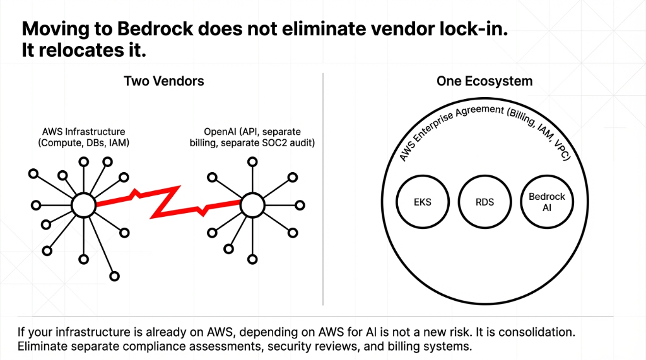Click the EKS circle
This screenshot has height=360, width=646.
pyautogui.click(x=423, y=202)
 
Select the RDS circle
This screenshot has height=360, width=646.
pyautogui.click(x=484, y=202)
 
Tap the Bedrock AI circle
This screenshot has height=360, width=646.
pyautogui.click(x=546, y=202)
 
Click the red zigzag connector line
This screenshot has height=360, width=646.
pyautogui.click(x=167, y=201)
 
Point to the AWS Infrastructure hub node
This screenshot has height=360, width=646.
pyautogui.click(x=82, y=204)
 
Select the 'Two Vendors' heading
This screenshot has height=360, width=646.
pyautogui.click(x=163, y=81)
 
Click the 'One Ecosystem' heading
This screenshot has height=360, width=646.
pyautogui.click(x=484, y=81)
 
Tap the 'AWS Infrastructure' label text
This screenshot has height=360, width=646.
pyautogui.click(x=83, y=132)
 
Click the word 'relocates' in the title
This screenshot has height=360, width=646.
pyautogui.click(x=78, y=51)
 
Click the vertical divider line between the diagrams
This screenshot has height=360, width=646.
pyautogui.click(x=323, y=189)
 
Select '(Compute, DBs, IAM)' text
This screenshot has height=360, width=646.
pyautogui.click(x=83, y=143)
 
